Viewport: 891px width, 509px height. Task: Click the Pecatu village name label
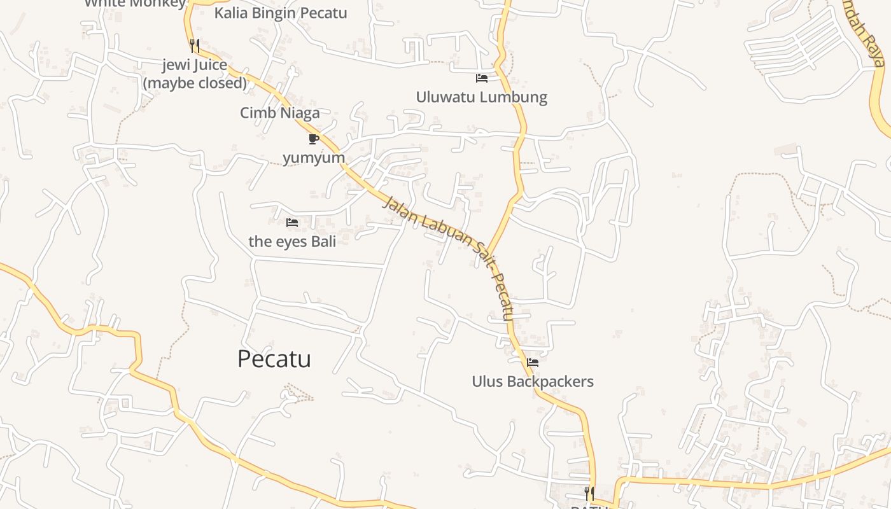point(274,359)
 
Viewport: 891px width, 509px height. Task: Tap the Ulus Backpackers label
point(532,381)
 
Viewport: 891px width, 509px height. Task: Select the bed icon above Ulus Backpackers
point(533,363)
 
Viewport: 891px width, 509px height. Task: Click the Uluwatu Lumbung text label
point(481,97)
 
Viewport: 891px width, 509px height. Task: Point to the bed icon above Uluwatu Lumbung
point(482,78)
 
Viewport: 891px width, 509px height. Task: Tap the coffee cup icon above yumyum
point(313,139)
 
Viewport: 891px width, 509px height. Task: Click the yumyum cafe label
point(314,157)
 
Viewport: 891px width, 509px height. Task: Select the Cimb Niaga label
point(279,113)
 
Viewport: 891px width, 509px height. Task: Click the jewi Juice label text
point(194,65)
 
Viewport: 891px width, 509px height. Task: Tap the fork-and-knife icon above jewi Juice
point(195,46)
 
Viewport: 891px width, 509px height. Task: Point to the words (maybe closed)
point(195,83)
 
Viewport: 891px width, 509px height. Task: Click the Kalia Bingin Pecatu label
point(281,13)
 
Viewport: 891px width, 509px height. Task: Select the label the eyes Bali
point(292,241)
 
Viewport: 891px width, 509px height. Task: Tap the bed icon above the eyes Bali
point(292,222)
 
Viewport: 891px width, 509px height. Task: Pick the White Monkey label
point(135,3)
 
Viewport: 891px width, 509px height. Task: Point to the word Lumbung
point(515,97)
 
